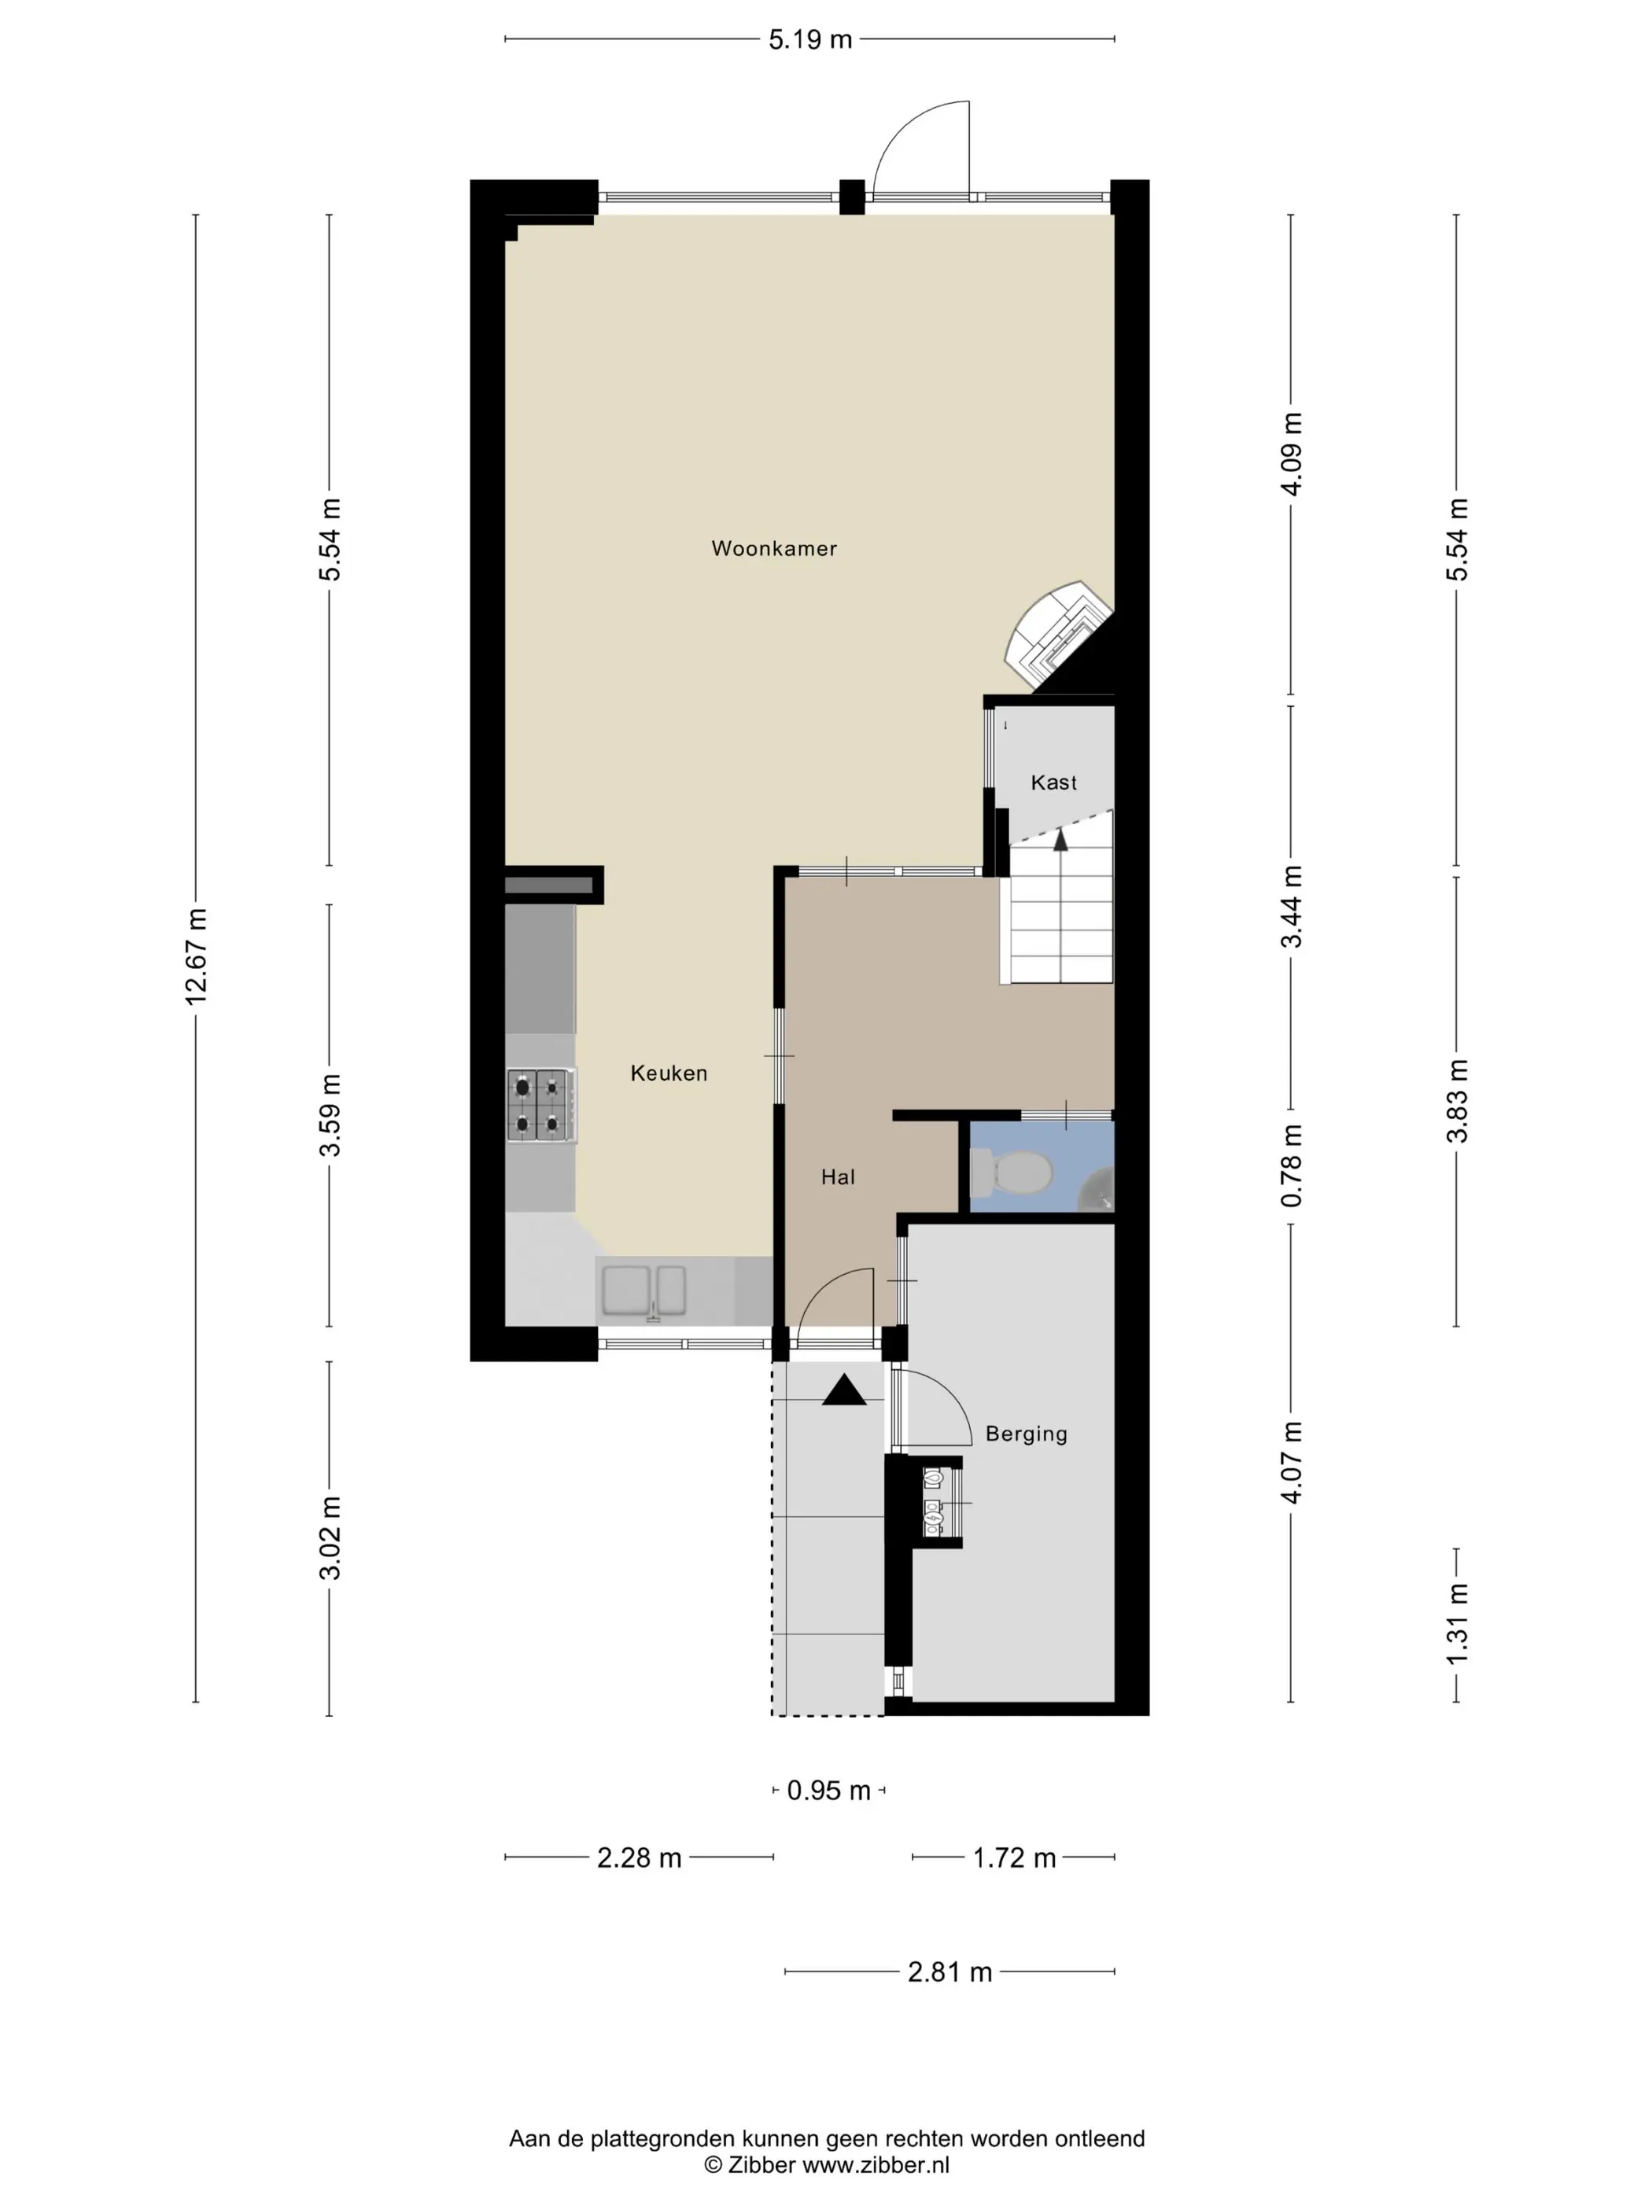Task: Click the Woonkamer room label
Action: coord(774,548)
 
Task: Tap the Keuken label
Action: coord(668,1073)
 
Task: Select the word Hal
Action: coord(838,1176)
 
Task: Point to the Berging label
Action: coord(1026,1434)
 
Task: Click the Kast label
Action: coord(1053,782)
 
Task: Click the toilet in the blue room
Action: coord(1011,1173)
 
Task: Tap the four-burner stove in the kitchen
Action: coord(540,1105)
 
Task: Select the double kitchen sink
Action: coord(643,1291)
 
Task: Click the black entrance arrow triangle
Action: coord(843,1390)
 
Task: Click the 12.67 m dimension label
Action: coord(196,956)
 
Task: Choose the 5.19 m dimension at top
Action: coord(809,40)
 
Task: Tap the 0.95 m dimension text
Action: coord(828,1791)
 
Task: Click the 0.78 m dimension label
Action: coord(1292,1165)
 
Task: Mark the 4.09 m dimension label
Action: coord(1292,454)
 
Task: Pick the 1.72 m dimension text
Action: coord(1014,1858)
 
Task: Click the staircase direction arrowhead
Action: coord(1060,839)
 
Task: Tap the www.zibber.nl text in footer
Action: coord(876,2165)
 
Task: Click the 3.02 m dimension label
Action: coord(330,1538)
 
